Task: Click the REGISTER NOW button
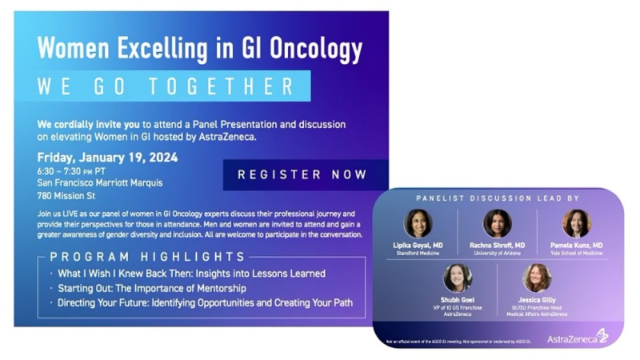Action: (302, 174)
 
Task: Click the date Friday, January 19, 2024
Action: (107, 157)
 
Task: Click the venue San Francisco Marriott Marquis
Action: (99, 182)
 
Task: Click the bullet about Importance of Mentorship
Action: (151, 288)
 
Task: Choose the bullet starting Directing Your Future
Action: (205, 303)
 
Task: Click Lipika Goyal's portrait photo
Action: (418, 223)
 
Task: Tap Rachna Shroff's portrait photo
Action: (497, 223)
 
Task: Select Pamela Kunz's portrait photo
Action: (576, 223)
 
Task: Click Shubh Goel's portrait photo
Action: (457, 277)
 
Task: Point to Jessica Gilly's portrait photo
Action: (536, 277)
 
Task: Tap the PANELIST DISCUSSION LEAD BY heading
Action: (497, 198)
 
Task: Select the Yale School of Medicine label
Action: (576, 253)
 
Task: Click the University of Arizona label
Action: (497, 253)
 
